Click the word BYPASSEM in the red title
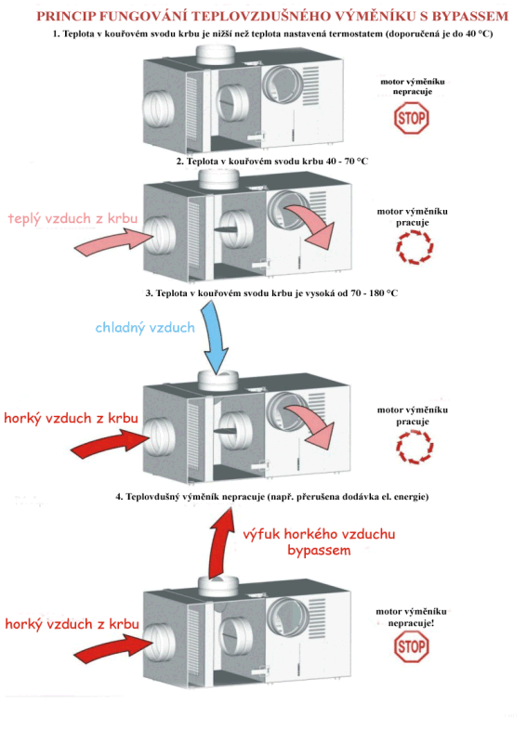(469, 17)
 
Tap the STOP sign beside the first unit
(411, 118)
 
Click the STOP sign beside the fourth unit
(411, 646)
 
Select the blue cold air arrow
(215, 337)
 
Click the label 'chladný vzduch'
(145, 328)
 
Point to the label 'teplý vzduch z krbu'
(72, 218)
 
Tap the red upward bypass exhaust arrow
(220, 544)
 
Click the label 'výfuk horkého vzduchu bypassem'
(319, 542)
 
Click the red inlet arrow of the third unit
(111, 443)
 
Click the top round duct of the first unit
(216, 55)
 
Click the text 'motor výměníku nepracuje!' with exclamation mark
(411, 617)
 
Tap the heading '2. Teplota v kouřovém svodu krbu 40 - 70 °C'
(272, 162)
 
